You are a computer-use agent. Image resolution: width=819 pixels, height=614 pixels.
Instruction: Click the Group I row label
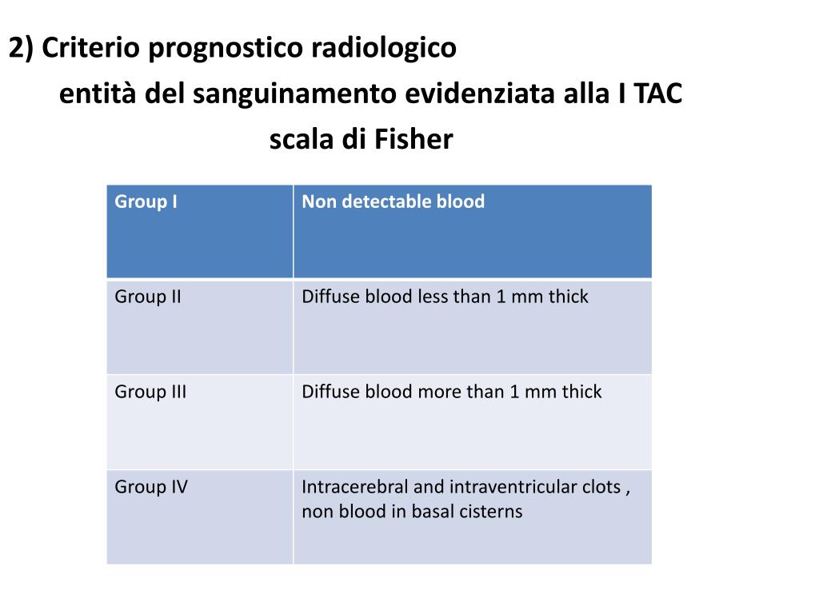[x=146, y=201]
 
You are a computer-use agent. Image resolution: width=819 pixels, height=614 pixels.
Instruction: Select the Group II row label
[x=148, y=297]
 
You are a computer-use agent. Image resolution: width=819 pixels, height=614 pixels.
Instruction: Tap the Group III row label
[x=150, y=392]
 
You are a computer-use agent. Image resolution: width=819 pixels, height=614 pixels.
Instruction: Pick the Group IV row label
[x=151, y=487]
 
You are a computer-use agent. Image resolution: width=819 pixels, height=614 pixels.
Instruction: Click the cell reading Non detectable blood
[x=393, y=201]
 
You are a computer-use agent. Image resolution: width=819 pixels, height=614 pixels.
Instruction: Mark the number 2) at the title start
[x=21, y=49]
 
